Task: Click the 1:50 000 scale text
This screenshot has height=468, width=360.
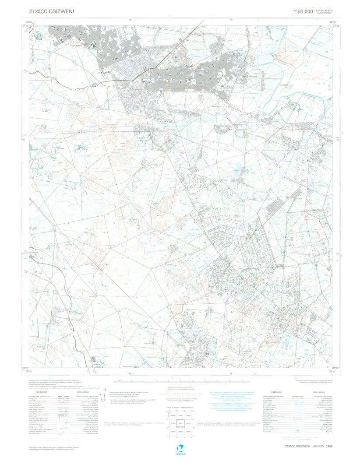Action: [x=303, y=11]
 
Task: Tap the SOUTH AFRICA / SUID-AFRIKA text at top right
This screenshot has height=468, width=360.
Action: [x=325, y=11]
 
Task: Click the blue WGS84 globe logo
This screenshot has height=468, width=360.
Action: [x=180, y=449]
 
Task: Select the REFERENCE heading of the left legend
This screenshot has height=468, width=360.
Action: [x=42, y=392]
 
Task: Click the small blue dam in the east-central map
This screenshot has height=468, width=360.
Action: [x=237, y=167]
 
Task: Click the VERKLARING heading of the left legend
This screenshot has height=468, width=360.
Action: [x=82, y=392]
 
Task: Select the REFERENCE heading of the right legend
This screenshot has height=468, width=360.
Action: [x=276, y=392]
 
